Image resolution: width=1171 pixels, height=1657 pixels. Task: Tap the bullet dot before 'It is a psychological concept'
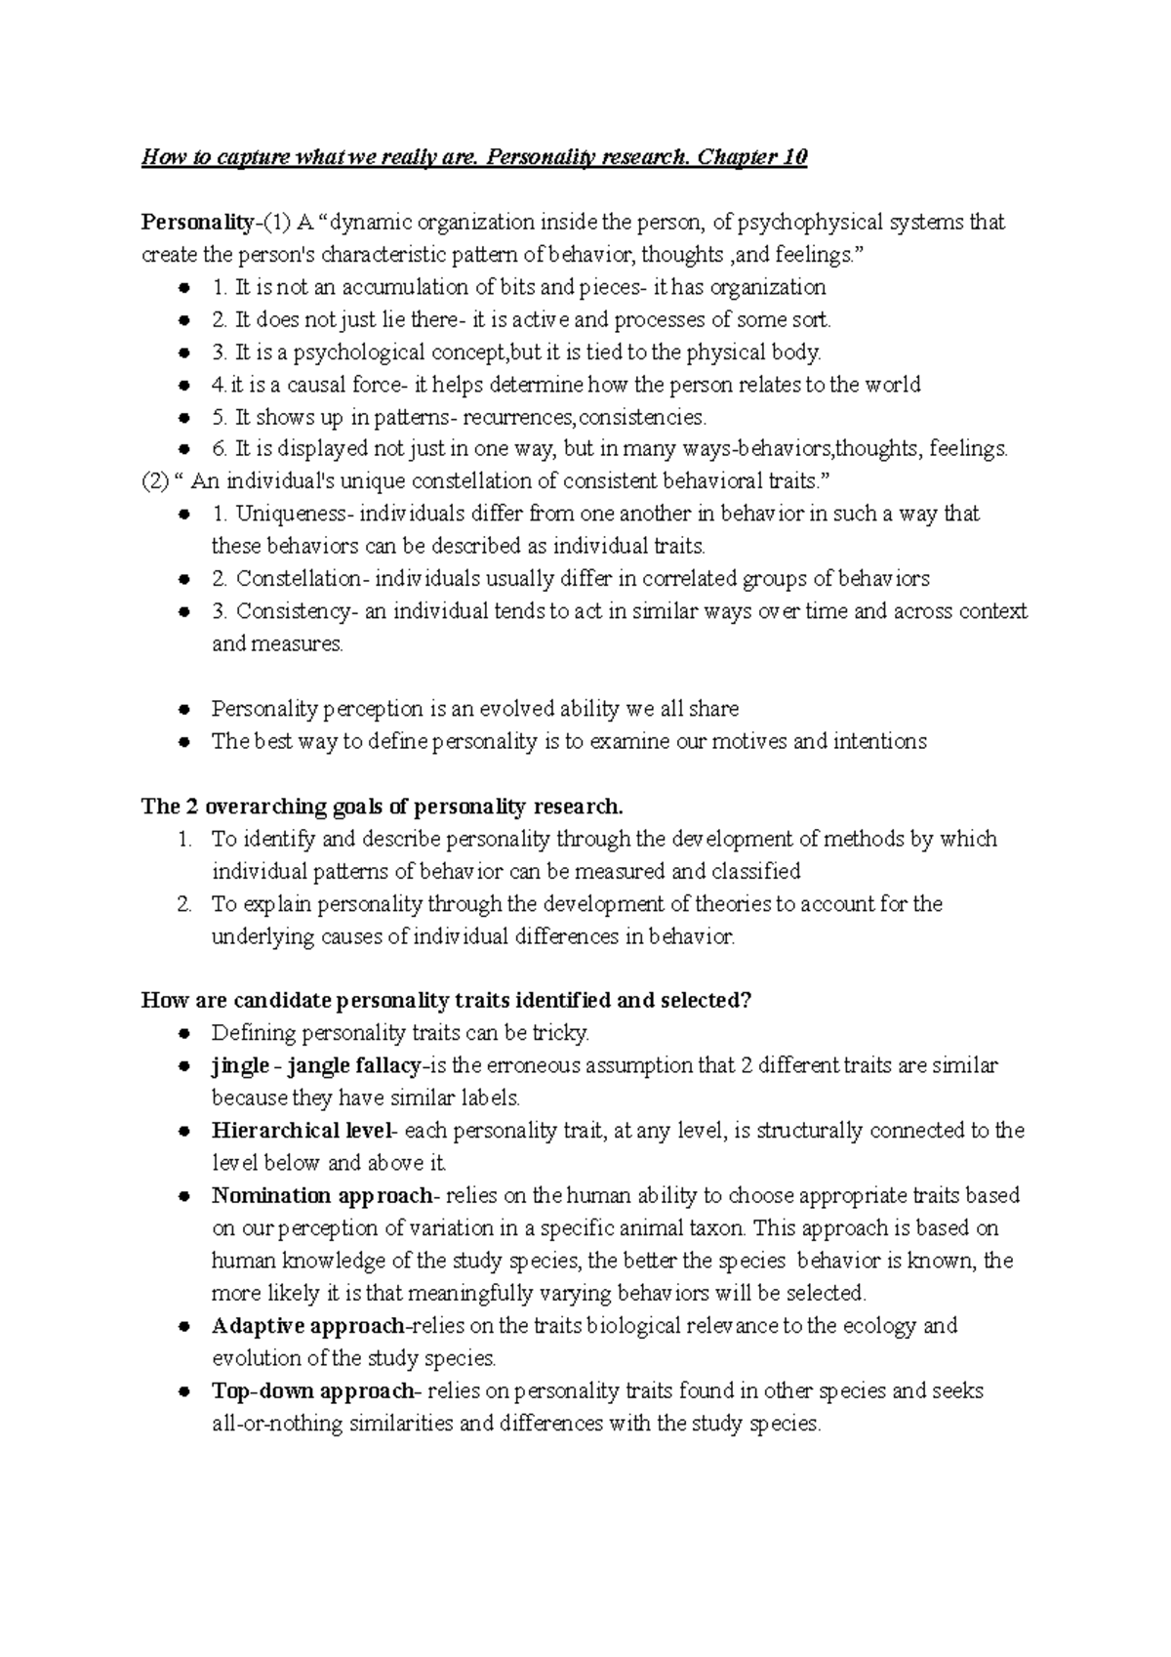(182, 353)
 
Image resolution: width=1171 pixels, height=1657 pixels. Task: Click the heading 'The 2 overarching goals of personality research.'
(382, 807)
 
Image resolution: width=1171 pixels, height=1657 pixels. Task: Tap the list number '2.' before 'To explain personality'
(184, 904)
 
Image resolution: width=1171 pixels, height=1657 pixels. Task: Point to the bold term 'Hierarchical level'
(301, 1131)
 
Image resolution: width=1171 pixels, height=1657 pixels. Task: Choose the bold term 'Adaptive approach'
(307, 1326)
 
